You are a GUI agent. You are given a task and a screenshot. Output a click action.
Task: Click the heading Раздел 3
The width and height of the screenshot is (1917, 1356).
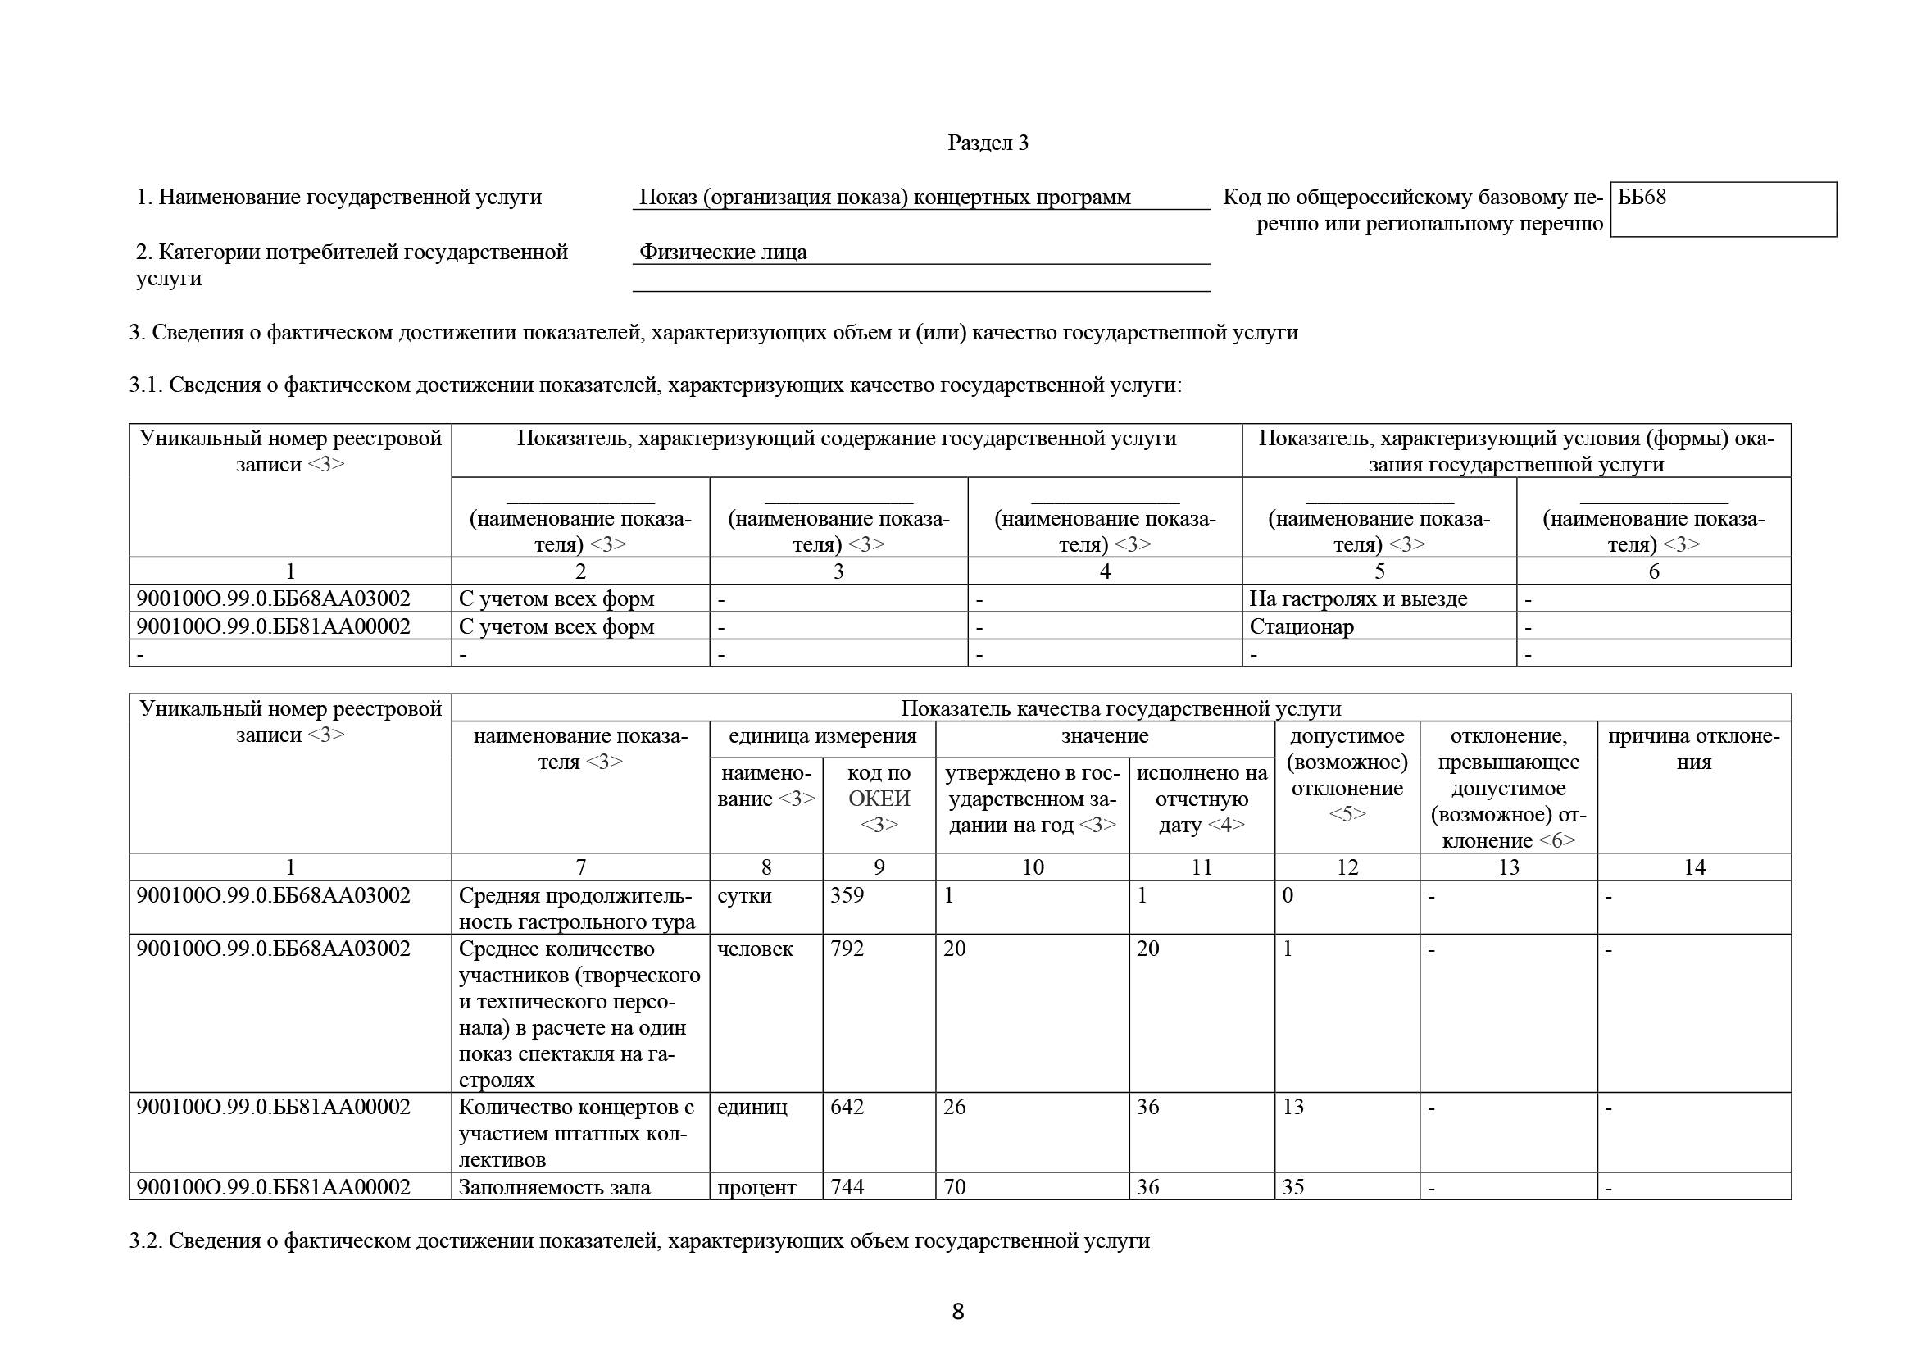click(x=988, y=143)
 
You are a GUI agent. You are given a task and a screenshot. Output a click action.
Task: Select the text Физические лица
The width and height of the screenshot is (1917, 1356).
click(x=723, y=253)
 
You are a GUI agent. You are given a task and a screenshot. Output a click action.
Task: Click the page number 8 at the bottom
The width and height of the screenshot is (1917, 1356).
click(x=957, y=1312)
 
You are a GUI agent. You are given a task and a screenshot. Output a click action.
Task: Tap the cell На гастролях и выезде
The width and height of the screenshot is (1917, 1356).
click(x=1357, y=598)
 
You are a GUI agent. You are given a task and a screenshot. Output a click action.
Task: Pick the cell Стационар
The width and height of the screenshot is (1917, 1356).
click(x=1301, y=626)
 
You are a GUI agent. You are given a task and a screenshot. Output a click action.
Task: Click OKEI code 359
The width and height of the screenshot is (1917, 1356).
click(x=847, y=895)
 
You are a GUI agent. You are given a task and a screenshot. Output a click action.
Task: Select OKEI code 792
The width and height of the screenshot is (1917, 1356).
click(x=847, y=949)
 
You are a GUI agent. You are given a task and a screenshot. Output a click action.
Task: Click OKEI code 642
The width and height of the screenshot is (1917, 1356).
click(x=847, y=1106)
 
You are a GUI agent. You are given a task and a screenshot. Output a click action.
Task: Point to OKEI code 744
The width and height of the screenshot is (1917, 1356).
click(x=847, y=1186)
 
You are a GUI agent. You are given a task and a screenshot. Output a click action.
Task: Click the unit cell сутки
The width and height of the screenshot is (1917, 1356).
click(x=744, y=895)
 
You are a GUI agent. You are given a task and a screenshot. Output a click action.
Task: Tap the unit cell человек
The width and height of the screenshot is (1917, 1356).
click(x=755, y=949)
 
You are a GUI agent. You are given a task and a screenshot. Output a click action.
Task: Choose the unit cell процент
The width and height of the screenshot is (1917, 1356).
click(x=756, y=1186)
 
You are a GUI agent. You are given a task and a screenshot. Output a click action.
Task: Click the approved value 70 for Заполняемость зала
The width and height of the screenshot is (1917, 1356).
click(x=954, y=1186)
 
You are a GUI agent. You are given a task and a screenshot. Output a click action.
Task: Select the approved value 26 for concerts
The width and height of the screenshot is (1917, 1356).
click(x=954, y=1106)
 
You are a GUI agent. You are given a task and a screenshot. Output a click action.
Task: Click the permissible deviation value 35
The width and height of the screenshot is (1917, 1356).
click(x=1292, y=1186)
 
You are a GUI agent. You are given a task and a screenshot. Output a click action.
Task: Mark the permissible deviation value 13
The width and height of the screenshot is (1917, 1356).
click(x=1292, y=1106)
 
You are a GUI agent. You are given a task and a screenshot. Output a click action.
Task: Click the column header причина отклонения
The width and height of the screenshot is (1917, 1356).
click(x=1693, y=749)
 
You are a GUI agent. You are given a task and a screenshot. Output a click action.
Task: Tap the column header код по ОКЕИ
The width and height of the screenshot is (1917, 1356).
click(x=879, y=799)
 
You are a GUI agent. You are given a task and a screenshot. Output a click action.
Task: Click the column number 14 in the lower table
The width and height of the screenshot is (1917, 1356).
click(x=1693, y=867)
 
